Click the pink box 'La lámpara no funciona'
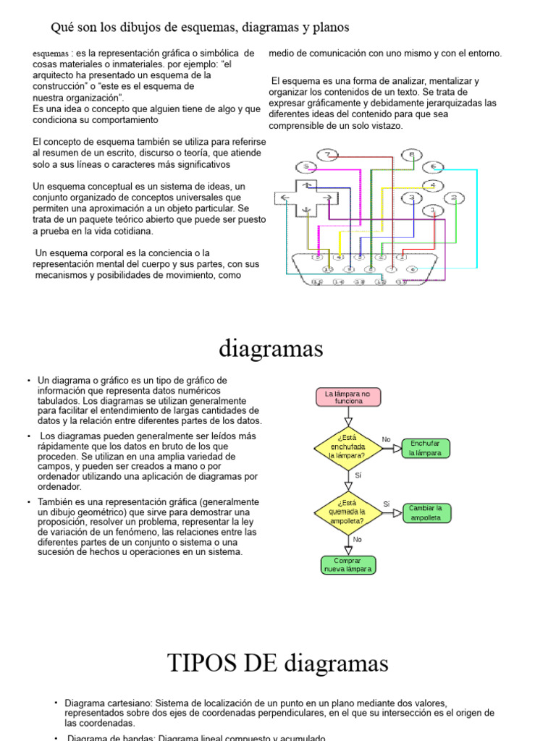(x=348, y=397)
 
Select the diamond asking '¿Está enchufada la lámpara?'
(x=347, y=447)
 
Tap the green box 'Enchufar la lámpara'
(x=429, y=448)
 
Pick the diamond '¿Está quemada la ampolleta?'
(x=347, y=512)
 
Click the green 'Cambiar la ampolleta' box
(x=429, y=512)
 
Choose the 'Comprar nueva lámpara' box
(x=348, y=564)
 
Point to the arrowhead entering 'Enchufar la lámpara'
(x=397, y=448)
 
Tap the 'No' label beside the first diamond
(x=386, y=439)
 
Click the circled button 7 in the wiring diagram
(x=328, y=155)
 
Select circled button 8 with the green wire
(x=412, y=155)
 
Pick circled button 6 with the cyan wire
(x=433, y=166)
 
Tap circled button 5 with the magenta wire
(x=306, y=166)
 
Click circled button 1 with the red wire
(x=433, y=210)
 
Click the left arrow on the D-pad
(x=285, y=198)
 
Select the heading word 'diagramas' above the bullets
(x=271, y=349)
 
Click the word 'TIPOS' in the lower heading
(x=201, y=662)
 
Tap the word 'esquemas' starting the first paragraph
(x=51, y=54)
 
